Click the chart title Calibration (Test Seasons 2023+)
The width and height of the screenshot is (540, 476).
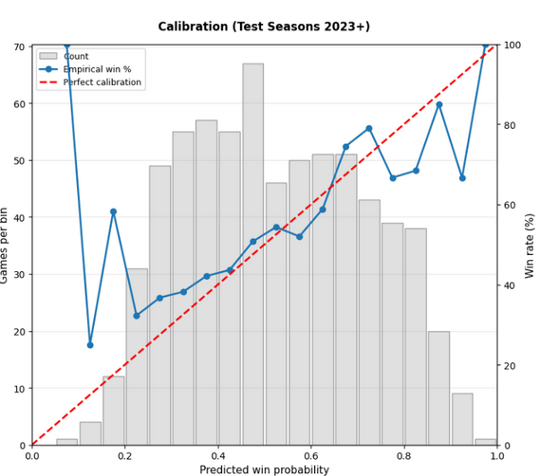click(x=264, y=27)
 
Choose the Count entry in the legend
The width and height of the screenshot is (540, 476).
click(x=76, y=57)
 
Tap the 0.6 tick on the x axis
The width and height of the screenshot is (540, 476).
click(x=311, y=455)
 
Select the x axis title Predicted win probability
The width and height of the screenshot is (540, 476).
click(x=264, y=469)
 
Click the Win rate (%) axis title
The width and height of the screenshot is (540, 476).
click(x=530, y=245)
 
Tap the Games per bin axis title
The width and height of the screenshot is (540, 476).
click(x=6, y=245)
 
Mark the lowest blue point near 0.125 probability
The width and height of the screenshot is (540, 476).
click(x=90, y=344)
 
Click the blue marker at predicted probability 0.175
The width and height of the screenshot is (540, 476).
click(x=113, y=211)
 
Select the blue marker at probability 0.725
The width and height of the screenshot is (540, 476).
click(x=369, y=128)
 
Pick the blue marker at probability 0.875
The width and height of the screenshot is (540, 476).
click(x=438, y=104)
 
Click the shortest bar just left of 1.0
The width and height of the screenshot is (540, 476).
click(x=486, y=442)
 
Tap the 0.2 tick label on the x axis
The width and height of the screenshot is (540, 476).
click(x=125, y=455)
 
